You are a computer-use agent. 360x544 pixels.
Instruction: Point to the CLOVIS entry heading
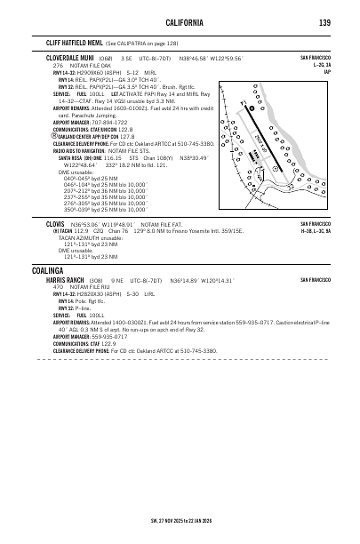58,224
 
